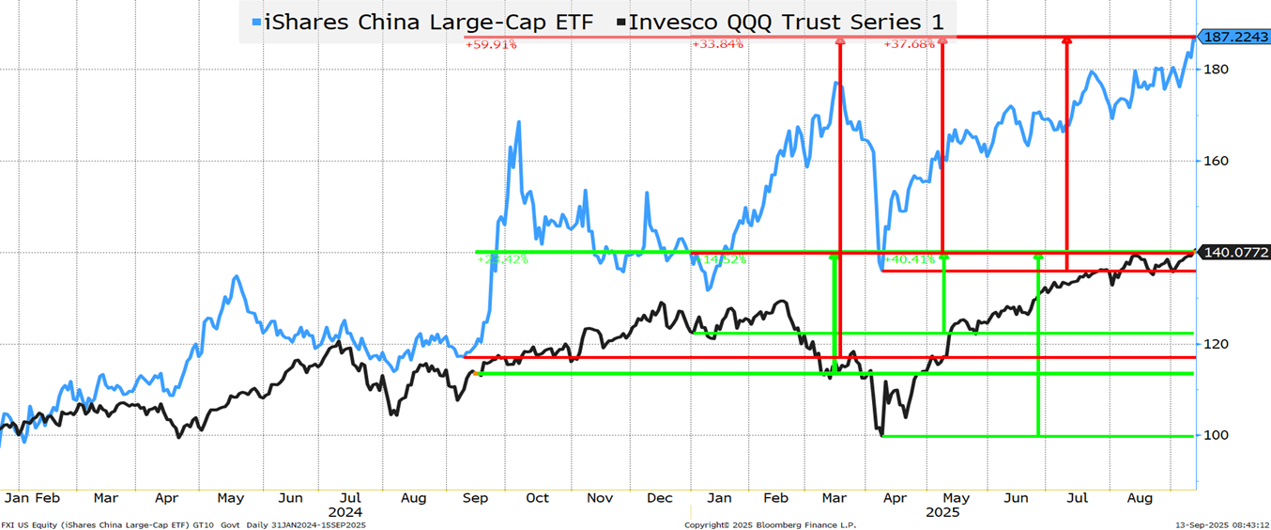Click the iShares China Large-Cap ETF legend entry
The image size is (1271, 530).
pos(423,23)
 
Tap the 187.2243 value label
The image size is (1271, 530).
pos(1235,38)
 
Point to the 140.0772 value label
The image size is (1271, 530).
pos(1235,252)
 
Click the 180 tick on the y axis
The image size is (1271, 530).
pos(1218,70)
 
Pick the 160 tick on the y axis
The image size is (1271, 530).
pos(1218,161)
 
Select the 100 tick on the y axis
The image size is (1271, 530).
pos(1218,435)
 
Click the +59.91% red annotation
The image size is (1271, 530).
pos(491,44)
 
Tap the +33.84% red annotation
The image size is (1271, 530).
pos(717,44)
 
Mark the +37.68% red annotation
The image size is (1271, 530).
pos(910,44)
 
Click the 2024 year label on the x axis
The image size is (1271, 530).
pos(345,512)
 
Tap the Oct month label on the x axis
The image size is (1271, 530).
pos(538,498)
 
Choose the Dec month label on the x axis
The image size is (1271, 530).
pos(659,498)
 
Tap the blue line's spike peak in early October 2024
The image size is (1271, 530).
pos(517,121)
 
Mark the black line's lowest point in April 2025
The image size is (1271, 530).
pos(881,435)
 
